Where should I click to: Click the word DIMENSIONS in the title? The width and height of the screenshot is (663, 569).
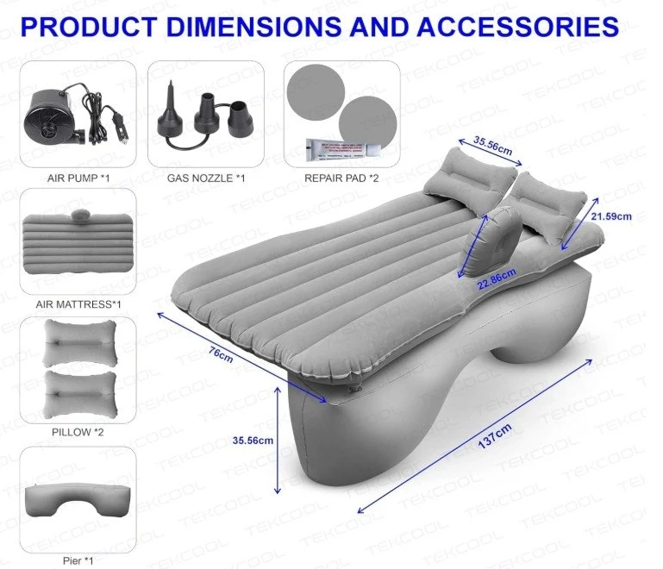[x=251, y=26]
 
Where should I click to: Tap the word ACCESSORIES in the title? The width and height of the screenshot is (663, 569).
[x=517, y=26]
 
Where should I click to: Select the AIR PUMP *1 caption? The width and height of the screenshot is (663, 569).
[x=77, y=178]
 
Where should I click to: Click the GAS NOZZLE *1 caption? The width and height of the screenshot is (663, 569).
[x=205, y=178]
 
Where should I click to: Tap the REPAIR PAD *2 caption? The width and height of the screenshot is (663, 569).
[x=341, y=178]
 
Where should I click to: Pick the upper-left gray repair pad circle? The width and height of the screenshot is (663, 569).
[x=316, y=92]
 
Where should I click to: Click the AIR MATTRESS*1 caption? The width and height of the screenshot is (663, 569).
[x=78, y=304]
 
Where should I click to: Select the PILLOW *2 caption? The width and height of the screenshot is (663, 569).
[x=78, y=432]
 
